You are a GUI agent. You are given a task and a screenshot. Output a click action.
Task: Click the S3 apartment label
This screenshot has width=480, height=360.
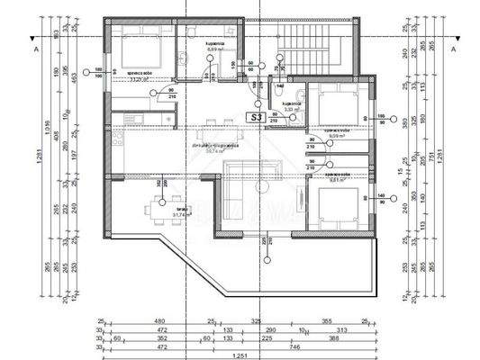click(x=257, y=117)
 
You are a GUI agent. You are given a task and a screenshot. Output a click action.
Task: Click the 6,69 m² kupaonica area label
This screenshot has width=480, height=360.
click(x=214, y=48)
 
